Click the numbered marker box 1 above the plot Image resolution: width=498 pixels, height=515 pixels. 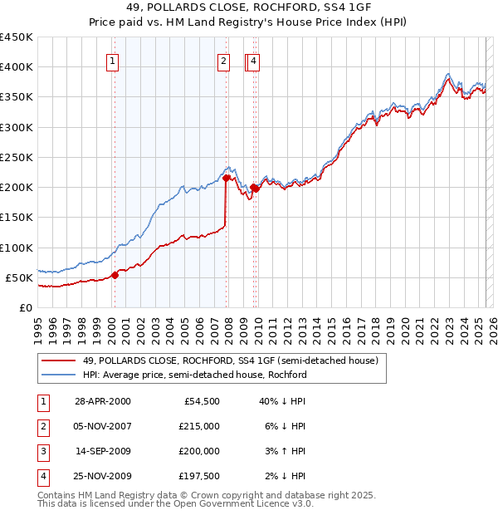[112, 60]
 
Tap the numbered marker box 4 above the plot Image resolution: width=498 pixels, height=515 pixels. [253, 60]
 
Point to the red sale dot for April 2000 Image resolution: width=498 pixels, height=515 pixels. [115, 275]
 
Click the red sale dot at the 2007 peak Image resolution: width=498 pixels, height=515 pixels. [226, 178]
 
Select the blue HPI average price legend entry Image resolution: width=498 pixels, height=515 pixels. [194, 375]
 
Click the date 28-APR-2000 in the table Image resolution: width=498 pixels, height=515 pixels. [102, 401]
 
